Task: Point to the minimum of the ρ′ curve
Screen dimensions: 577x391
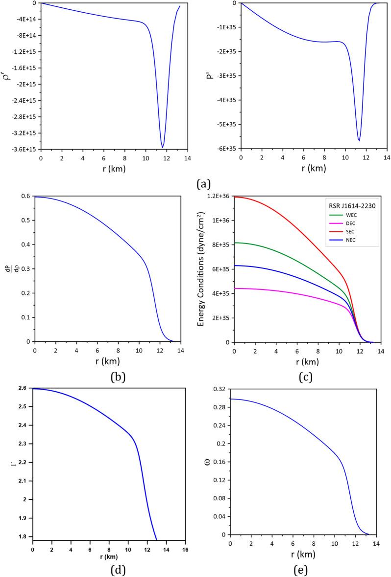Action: point(163,147)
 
